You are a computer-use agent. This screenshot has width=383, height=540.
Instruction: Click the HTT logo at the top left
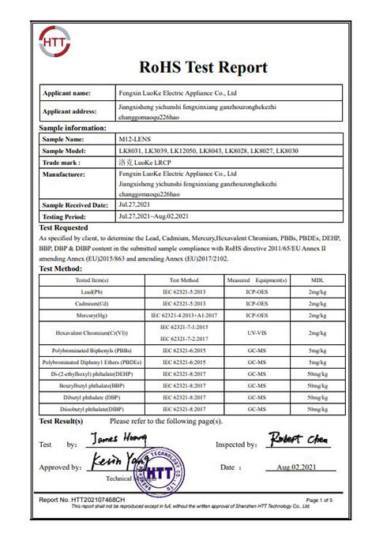[53, 42]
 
